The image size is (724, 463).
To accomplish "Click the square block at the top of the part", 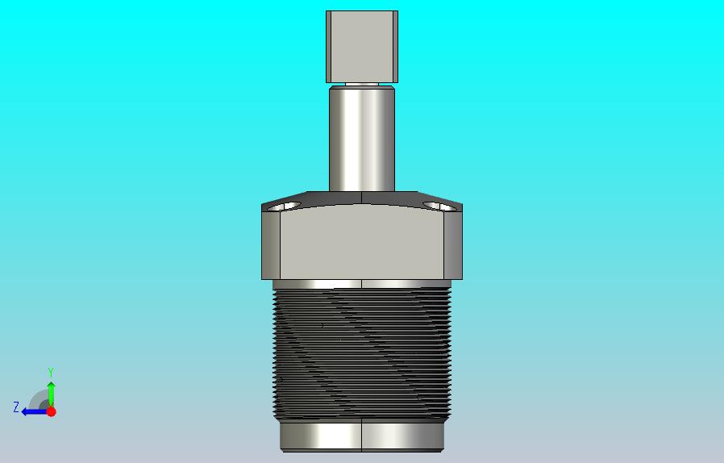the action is [x=361, y=47].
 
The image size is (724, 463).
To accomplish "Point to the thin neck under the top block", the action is [x=361, y=85].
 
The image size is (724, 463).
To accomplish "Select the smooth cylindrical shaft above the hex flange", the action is [x=361, y=139].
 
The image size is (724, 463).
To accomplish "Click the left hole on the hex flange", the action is [x=285, y=206].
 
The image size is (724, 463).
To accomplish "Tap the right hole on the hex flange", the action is [x=439, y=206].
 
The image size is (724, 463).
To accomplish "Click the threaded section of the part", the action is [x=361, y=353].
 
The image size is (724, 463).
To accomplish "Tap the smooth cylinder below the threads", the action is [x=361, y=436].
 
